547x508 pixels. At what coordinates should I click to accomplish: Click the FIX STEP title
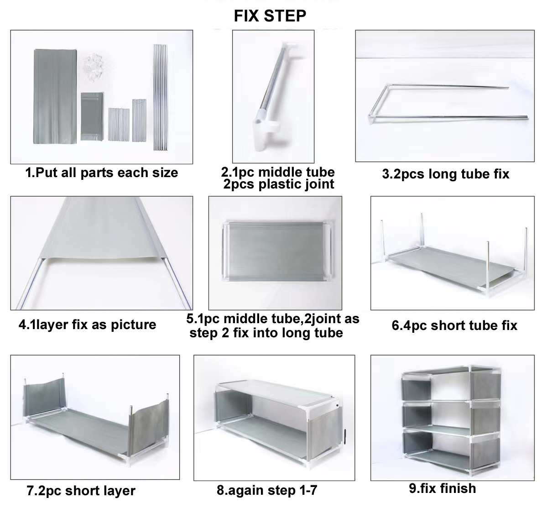[270, 16]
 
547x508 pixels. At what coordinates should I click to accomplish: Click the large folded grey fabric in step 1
[55, 96]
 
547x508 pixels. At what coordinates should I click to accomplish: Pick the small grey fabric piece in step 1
[92, 116]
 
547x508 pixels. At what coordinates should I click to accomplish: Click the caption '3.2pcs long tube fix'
[445, 174]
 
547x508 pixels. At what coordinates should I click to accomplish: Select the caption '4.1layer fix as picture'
[87, 325]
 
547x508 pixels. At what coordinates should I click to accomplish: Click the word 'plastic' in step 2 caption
[279, 184]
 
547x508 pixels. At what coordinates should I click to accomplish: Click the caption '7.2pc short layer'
[81, 491]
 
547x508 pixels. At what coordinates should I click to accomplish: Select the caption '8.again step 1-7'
[267, 490]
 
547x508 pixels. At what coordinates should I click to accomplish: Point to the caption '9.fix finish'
[443, 488]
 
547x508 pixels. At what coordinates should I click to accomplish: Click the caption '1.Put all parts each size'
[102, 173]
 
